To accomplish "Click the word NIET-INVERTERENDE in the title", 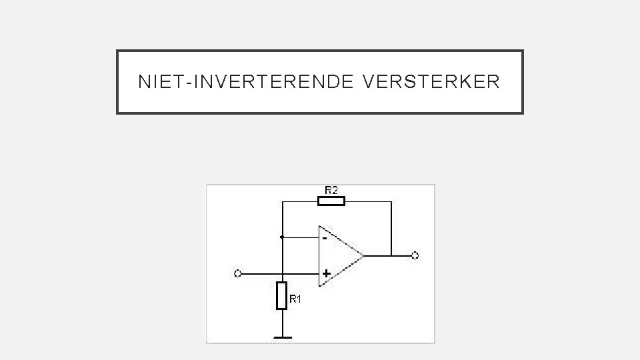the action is [x=247, y=82].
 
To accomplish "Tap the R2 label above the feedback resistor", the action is [x=331, y=190].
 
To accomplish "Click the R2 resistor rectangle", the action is [x=331, y=200].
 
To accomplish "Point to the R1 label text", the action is [x=295, y=299].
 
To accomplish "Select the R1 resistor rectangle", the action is [x=282, y=295].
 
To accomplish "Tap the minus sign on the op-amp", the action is [x=325, y=237].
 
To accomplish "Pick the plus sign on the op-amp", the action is [x=326, y=273].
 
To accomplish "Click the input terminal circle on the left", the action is [x=237, y=273].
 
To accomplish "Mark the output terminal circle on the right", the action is [x=415, y=255].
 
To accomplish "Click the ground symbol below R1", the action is [x=282, y=337].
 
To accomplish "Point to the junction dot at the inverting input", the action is [x=282, y=237].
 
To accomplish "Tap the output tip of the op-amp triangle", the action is [x=363, y=255].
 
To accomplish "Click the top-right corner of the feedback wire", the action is [x=391, y=200].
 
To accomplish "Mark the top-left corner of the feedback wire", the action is [x=282, y=200].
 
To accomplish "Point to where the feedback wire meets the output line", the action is [x=391, y=255].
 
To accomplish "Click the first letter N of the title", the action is [x=143, y=82].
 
